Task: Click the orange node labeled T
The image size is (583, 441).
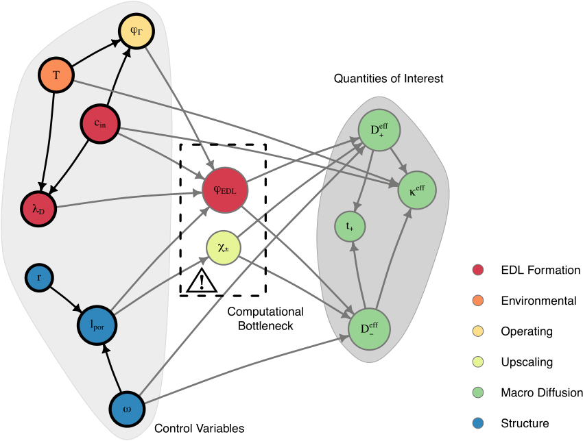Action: click(x=56, y=74)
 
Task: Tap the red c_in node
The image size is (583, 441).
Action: click(x=99, y=124)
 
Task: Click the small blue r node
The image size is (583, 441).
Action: click(x=40, y=279)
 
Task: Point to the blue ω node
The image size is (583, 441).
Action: click(x=128, y=409)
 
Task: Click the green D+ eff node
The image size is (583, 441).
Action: click(x=379, y=130)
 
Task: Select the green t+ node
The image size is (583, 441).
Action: click(x=350, y=227)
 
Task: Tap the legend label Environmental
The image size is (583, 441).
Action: click(x=538, y=301)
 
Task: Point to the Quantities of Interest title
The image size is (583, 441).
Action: click(x=388, y=79)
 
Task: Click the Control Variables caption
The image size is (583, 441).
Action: click(x=199, y=429)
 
